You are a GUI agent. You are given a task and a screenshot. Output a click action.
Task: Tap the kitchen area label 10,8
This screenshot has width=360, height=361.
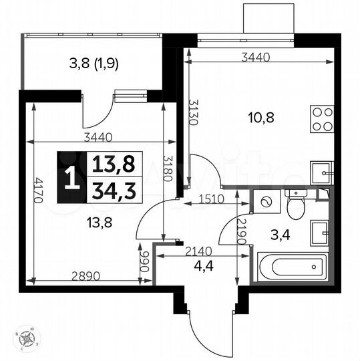point(260,118)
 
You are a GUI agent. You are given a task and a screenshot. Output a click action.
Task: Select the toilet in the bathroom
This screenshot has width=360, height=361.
point(295,203)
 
